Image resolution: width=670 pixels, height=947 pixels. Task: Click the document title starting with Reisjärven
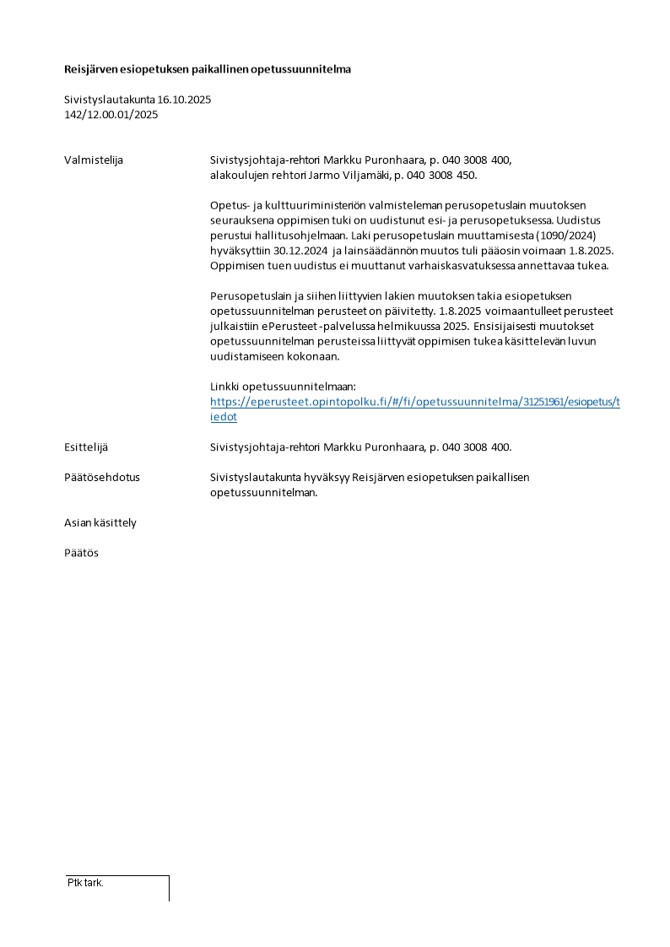208,69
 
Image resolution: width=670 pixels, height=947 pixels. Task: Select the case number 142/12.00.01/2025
111,115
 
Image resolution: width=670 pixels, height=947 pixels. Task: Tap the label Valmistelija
94,160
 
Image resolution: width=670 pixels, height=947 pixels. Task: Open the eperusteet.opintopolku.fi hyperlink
414,403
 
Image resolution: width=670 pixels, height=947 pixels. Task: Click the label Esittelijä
86,447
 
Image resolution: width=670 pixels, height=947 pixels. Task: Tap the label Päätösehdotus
102,478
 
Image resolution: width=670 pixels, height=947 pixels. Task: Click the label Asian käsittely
100,523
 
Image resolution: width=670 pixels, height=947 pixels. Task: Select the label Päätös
81,554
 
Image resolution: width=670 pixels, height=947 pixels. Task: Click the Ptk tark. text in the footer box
85,883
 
